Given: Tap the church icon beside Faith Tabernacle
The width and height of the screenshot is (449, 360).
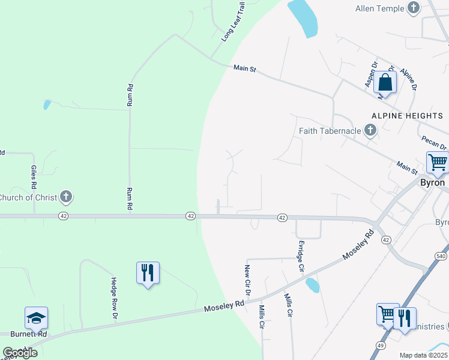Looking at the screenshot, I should pyautogui.click(x=370, y=130).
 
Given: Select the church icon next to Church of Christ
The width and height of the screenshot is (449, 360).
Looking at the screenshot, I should pyautogui.click(x=66, y=196).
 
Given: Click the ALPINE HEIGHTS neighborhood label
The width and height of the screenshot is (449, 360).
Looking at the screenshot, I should pyautogui.click(x=406, y=115).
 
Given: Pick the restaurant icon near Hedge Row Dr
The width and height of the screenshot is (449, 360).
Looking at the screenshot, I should pyautogui.click(x=147, y=273).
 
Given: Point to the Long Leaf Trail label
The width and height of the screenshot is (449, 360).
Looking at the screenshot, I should pyautogui.click(x=234, y=21).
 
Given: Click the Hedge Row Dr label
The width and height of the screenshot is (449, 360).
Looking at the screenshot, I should pyautogui.click(x=113, y=297).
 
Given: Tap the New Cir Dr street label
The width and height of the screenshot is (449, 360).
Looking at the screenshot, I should pyautogui.click(x=247, y=280).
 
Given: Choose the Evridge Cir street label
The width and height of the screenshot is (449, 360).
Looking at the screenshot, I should pyautogui.click(x=301, y=256).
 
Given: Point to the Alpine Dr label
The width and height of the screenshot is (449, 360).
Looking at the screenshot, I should pyautogui.click(x=408, y=79).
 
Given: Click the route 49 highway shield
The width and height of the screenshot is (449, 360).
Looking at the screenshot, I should pyautogui.click(x=381, y=346).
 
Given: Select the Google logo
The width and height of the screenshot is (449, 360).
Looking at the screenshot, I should pyautogui.click(x=20, y=353).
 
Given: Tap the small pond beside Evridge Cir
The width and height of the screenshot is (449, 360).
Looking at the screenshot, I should pyautogui.click(x=312, y=285).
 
